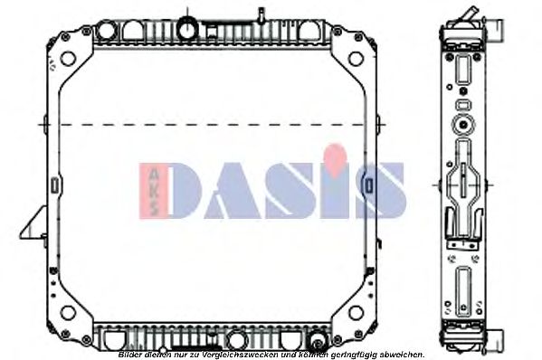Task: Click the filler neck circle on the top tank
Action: [189, 28]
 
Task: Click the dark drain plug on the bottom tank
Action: [316, 341]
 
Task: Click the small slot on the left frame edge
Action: [55, 185]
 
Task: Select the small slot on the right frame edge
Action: [370, 185]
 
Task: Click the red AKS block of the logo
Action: [149, 190]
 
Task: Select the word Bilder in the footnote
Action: [132, 354]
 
